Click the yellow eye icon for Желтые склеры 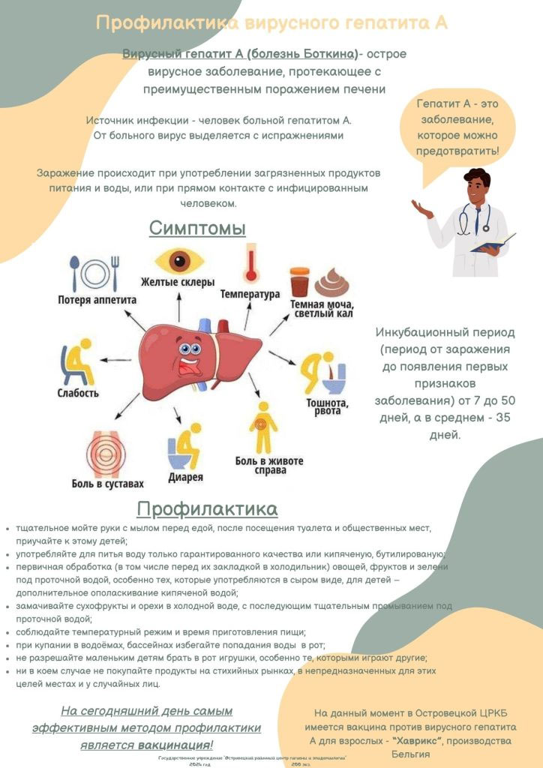coord(178,262)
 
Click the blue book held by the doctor coord(492,244)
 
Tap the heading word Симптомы coord(197,227)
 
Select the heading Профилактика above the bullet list coord(207,509)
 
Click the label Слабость coord(78,392)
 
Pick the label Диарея coord(185,477)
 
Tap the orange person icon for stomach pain coord(262,427)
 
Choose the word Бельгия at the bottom coord(410,754)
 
